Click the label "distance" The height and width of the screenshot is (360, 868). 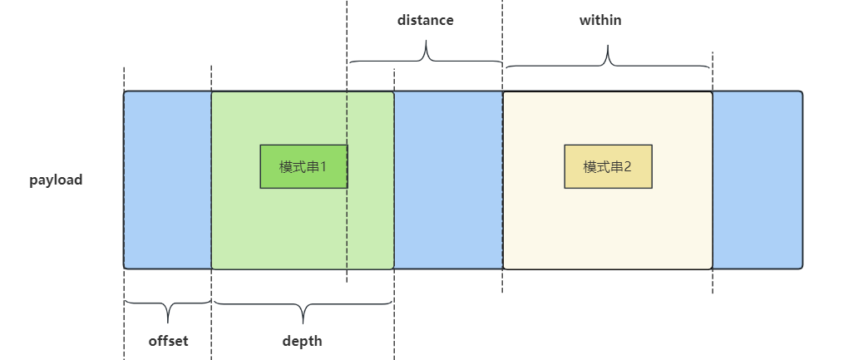[x=425, y=20]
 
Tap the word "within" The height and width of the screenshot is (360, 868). [x=600, y=20]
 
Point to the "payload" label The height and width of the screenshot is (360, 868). [x=57, y=180]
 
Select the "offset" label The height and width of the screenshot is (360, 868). [x=168, y=341]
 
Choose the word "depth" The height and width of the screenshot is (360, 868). [x=302, y=341]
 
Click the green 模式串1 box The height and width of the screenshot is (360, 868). [x=303, y=166]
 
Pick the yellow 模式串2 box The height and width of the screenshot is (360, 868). [x=608, y=166]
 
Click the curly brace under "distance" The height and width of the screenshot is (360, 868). [x=425, y=55]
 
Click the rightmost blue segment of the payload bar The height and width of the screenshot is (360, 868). [x=757, y=180]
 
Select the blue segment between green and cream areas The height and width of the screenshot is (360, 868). [x=448, y=180]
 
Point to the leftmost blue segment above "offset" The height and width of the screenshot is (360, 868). [x=167, y=180]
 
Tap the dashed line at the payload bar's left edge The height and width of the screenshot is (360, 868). [x=124, y=316]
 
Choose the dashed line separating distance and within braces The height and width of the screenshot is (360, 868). [x=502, y=33]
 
